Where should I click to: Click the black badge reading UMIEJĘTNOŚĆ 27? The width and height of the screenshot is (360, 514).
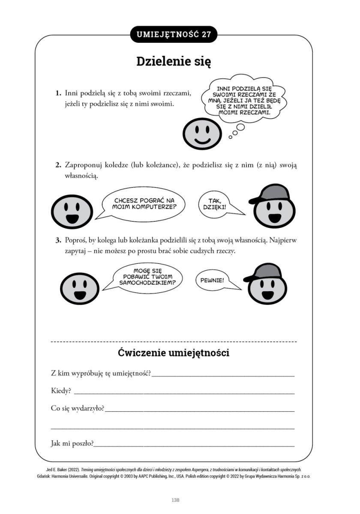point(174,35)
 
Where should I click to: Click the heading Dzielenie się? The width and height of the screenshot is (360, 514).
point(174,61)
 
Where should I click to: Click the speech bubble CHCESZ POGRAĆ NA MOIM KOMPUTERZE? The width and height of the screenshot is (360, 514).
point(144,203)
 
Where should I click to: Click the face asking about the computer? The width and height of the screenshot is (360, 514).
point(72,210)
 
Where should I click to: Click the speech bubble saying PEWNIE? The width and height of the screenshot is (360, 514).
point(213,281)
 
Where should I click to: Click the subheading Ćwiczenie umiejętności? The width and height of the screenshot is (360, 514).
point(174,353)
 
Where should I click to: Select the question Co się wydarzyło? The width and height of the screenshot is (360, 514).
point(77,409)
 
